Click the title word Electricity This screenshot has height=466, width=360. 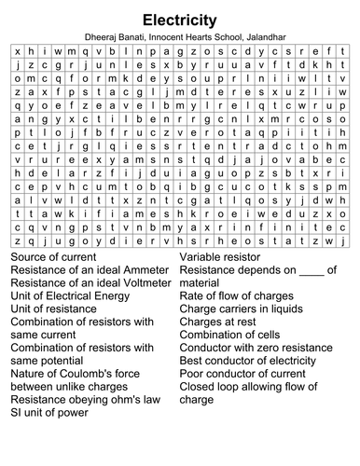180,19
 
